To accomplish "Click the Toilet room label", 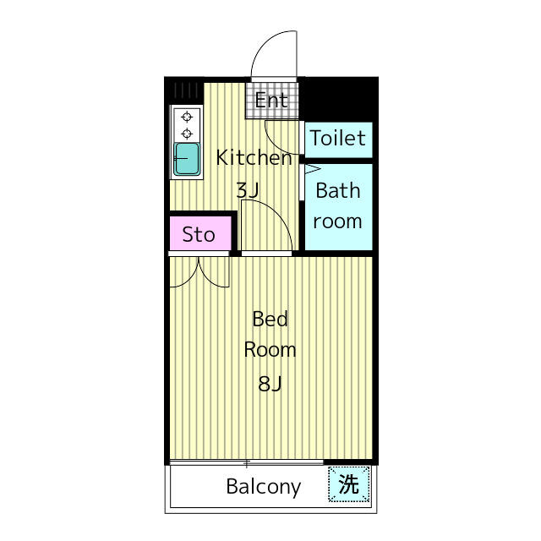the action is pos(338,138).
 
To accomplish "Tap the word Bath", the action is pos(338,190).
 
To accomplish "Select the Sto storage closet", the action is pos(200,233).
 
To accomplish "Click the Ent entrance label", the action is pos(271,101).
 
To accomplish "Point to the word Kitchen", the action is pos(254,158).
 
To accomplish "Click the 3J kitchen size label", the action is pos(248,190).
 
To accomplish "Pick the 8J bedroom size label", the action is pos(270,383).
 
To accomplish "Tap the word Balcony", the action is pos(263,487).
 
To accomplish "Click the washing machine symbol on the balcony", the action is pos(349,484).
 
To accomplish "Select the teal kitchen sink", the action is pos(187,159).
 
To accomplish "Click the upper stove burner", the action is pos(187,117).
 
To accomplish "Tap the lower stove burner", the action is pos(187,134).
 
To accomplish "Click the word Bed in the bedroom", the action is pos(270,319).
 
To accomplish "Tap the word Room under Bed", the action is pos(270,350).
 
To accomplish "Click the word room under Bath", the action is pos(337,221).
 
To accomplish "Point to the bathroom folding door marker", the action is pos(313,169).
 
